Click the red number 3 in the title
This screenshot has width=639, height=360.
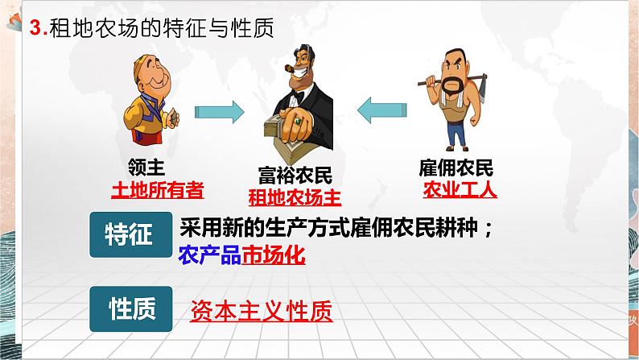(33, 30)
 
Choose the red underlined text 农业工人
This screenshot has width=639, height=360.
(460, 190)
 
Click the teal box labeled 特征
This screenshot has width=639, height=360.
(129, 234)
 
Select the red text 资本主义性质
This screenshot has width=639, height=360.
(261, 310)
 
